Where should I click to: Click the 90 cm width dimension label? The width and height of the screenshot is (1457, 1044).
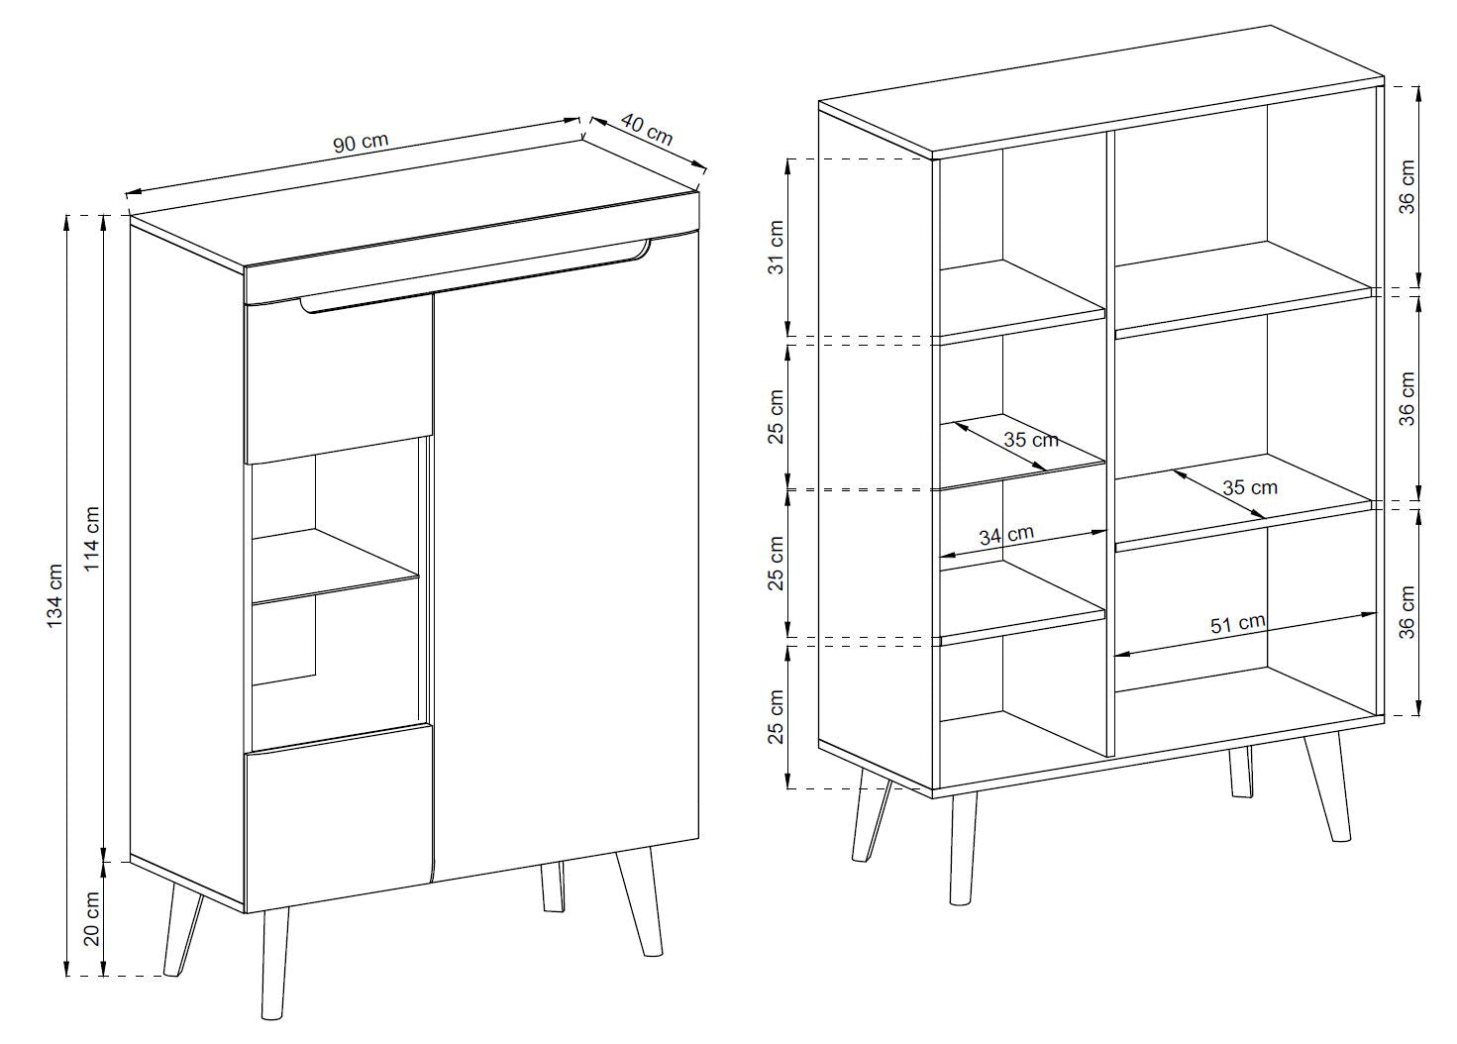click(361, 143)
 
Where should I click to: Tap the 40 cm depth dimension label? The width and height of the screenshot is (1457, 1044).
click(647, 130)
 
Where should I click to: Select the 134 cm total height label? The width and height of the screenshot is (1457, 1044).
click(55, 595)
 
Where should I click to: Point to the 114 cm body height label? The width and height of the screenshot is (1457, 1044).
click(92, 539)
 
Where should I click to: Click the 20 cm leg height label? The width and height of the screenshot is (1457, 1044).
click(92, 919)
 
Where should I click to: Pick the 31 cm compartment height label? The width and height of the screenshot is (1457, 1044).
click(778, 248)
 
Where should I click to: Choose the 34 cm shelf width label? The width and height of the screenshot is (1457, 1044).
click(1006, 535)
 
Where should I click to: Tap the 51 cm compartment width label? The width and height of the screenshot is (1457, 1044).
click(1238, 624)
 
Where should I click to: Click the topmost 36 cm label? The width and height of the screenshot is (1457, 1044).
click(1406, 186)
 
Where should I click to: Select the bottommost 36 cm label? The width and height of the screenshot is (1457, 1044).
click(1406, 612)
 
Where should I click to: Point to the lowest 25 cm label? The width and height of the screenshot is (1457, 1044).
click(778, 716)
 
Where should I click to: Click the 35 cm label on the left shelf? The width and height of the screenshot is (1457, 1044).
click(1031, 440)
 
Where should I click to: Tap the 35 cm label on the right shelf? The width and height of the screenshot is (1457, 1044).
click(1250, 487)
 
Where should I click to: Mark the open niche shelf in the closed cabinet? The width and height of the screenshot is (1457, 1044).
click(336, 565)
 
